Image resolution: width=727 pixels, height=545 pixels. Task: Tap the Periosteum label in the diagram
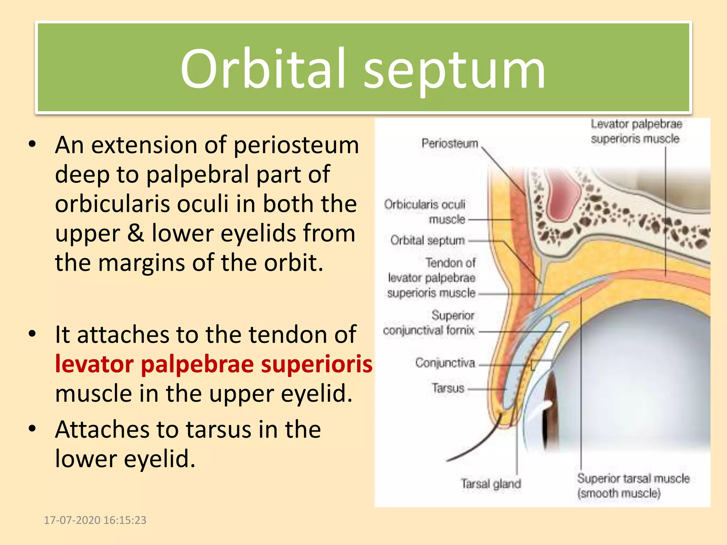(x=450, y=143)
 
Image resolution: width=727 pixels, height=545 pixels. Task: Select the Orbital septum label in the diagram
(x=427, y=240)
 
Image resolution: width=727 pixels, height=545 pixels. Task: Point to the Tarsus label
(x=448, y=388)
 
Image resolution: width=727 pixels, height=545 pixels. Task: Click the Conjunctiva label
(x=445, y=363)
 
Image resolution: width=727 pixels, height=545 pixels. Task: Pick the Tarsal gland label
(x=491, y=484)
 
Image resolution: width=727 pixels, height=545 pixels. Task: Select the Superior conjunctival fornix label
(x=429, y=323)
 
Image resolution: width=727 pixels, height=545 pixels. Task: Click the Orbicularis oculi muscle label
(x=425, y=211)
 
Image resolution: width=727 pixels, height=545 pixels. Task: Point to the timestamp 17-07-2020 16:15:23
(x=95, y=520)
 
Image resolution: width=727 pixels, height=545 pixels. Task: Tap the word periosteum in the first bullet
(x=296, y=145)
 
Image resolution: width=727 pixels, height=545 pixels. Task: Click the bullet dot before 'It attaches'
(x=33, y=334)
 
